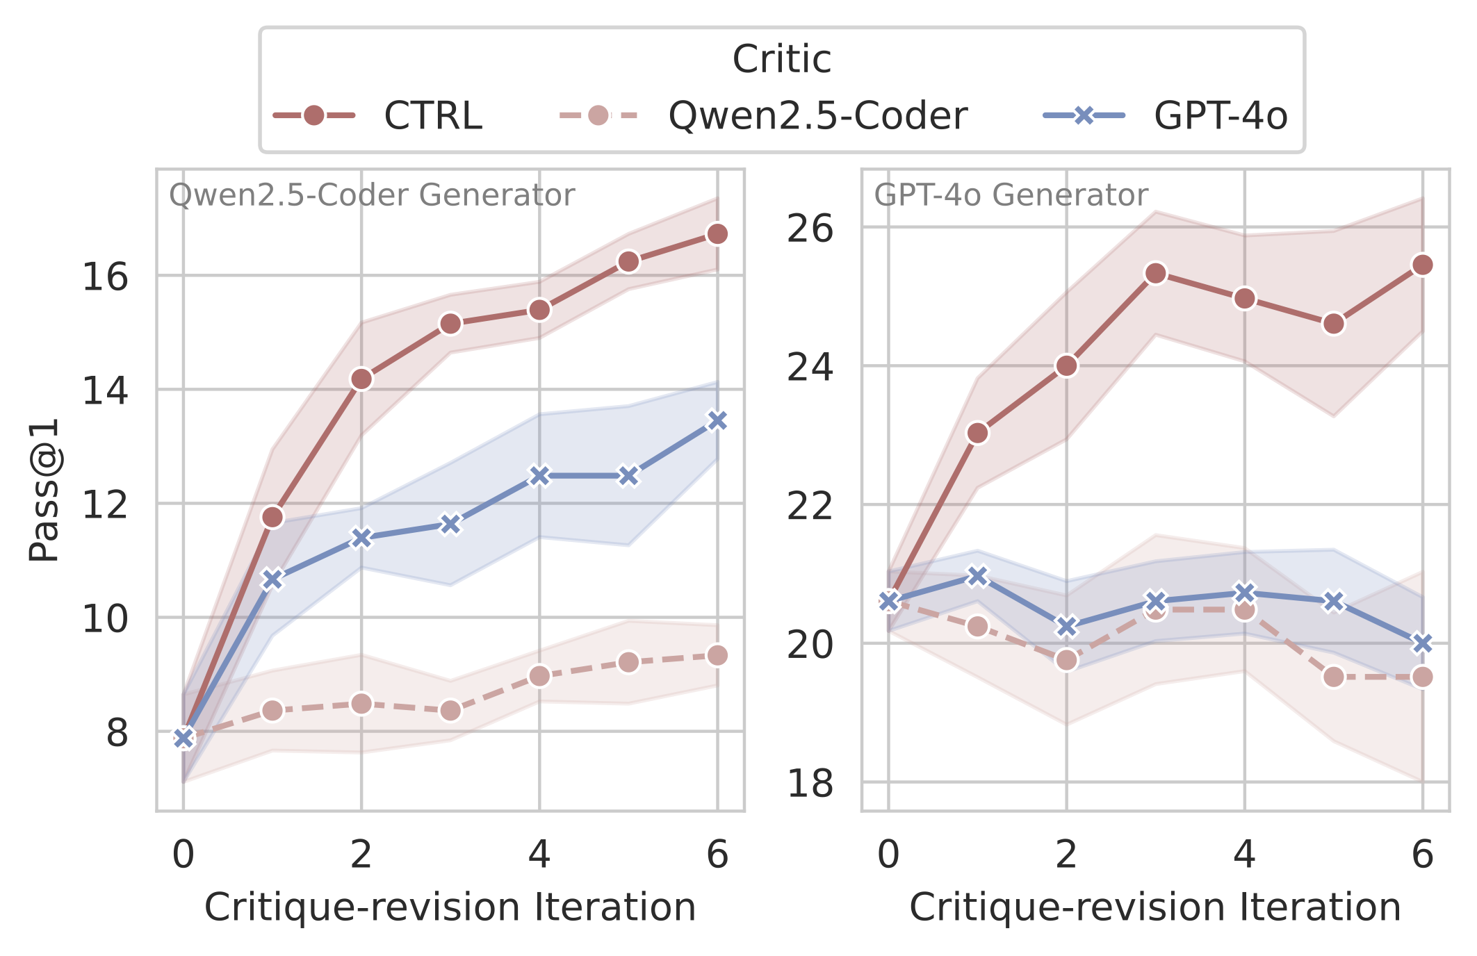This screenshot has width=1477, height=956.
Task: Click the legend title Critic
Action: [782, 59]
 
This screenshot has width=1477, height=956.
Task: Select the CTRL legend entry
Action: [433, 115]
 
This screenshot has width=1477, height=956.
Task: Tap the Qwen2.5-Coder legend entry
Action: [817, 115]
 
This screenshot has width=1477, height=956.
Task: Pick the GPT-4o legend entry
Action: [1221, 115]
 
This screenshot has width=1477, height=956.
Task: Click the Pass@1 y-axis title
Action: [44, 490]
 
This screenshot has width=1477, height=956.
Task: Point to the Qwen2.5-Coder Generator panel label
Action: [372, 195]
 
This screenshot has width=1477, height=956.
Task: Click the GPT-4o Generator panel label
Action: [1011, 195]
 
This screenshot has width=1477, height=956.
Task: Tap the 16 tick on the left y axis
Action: [105, 277]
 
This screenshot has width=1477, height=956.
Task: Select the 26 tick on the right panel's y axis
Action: [810, 228]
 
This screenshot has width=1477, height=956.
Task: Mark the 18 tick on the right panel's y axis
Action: [810, 783]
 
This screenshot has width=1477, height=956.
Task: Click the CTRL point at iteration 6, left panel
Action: [717, 234]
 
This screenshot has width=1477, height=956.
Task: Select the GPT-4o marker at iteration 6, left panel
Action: [717, 420]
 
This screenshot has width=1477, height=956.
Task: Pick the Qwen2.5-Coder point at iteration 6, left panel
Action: [717, 655]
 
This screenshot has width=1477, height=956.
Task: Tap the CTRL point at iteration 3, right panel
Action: [1155, 274]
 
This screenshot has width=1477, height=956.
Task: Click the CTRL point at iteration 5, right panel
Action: [1333, 324]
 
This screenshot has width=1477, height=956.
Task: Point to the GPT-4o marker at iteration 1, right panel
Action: [977, 576]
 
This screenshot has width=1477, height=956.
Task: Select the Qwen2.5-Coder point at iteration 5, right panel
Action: [1333, 677]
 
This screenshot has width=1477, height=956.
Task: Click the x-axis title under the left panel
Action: [450, 907]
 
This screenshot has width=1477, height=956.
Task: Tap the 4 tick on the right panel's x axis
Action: [1244, 855]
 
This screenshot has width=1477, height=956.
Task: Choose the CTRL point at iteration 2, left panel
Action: [361, 379]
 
